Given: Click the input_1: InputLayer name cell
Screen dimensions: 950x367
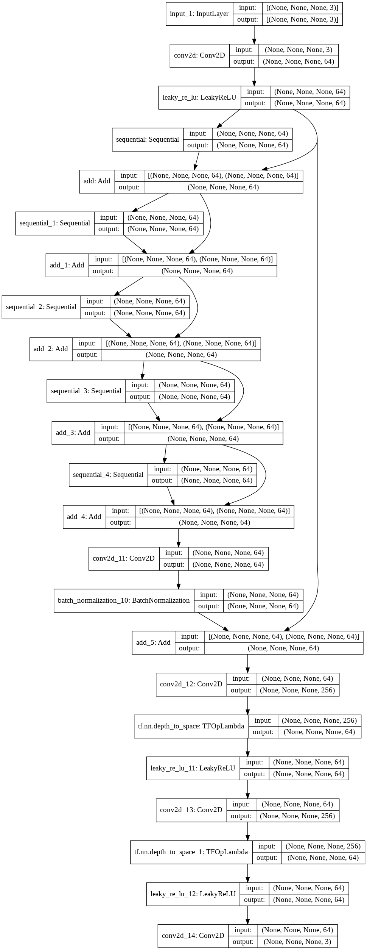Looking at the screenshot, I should (199, 14).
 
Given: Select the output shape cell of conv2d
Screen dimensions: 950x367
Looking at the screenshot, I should (299, 62).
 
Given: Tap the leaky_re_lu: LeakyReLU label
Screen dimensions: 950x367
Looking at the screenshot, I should (199, 98).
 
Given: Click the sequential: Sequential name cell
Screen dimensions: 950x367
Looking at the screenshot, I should (148, 139).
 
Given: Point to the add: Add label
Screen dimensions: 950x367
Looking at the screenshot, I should (97, 181).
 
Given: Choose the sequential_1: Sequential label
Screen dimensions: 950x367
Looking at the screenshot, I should (55, 223).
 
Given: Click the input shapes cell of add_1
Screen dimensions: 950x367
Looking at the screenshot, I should (197, 259).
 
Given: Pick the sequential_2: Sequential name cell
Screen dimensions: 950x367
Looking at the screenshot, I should (41, 307).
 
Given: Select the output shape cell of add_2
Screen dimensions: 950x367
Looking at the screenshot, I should (181, 355).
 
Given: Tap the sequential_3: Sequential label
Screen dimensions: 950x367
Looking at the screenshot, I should (86, 391).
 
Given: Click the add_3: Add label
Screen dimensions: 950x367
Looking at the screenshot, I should (73, 433).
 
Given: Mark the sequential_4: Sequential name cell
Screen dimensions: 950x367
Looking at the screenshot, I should (108, 475).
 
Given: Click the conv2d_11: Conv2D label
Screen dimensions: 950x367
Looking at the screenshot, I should (124, 558).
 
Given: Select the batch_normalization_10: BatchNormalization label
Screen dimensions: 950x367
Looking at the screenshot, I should (124, 600).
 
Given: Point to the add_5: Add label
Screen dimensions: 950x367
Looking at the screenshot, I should (153, 642).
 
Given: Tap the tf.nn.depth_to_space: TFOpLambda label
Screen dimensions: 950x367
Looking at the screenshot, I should (191, 726).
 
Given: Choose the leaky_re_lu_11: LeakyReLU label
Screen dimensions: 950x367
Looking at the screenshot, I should (193, 768).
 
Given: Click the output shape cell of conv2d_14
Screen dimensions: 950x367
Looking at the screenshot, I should (297, 942).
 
